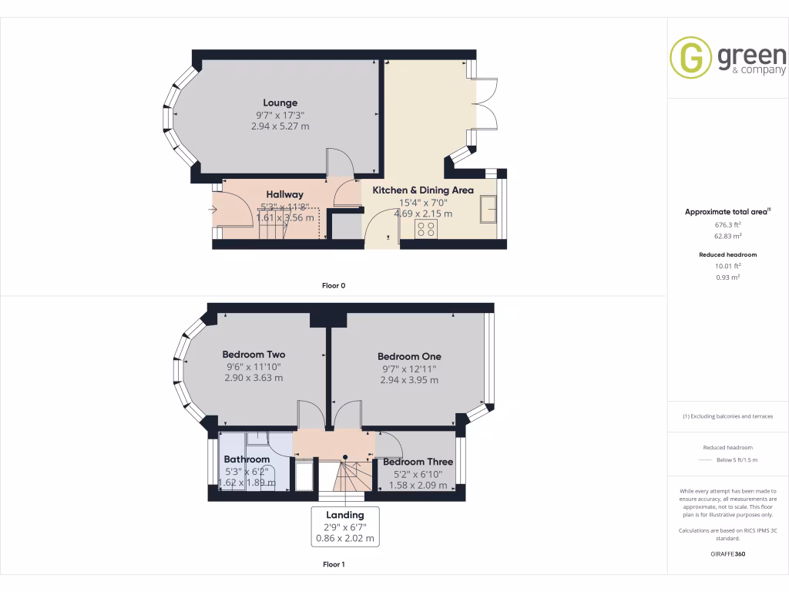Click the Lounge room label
coord(280,103)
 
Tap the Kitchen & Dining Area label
coord(423,190)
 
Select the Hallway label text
coord(284,194)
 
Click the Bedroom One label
coord(409,356)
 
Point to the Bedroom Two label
coord(253,355)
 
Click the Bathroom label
coord(247,459)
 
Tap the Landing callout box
coord(344,526)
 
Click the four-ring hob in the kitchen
coord(426,228)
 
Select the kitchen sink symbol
coord(489,209)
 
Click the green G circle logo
coord(690,58)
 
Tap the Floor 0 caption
coord(334,285)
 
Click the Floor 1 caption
coord(334,564)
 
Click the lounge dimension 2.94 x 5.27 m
coord(280,126)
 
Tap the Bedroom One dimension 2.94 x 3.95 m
coord(409,380)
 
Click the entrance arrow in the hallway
coord(220,208)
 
